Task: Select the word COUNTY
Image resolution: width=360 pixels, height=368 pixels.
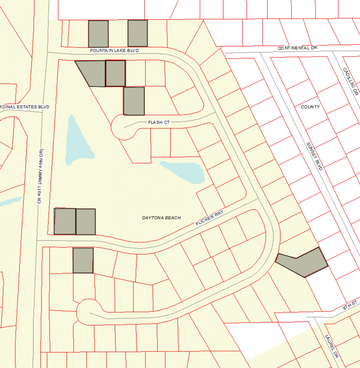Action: coord(310,107)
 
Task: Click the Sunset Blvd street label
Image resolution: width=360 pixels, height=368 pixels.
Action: coord(314,156)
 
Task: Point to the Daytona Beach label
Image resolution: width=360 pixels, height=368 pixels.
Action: coord(161,218)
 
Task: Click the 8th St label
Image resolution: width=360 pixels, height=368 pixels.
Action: coord(350,305)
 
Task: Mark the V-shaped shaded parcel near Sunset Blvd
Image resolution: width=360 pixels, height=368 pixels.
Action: coord(303,262)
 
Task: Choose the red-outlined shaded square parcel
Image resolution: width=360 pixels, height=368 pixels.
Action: coord(115,73)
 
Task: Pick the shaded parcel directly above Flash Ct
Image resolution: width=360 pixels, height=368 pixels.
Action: coord(134,101)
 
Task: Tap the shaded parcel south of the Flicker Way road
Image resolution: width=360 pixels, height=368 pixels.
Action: coord(83,260)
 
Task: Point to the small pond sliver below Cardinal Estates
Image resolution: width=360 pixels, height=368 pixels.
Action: coord(10,201)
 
